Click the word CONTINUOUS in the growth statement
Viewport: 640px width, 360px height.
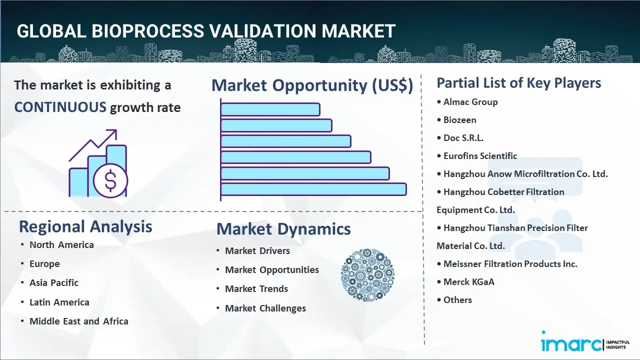coord(60,107)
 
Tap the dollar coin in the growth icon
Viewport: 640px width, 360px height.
coord(110,181)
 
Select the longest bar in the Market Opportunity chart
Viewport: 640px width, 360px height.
coord(313,189)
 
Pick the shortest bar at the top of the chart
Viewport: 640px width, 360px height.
coord(270,109)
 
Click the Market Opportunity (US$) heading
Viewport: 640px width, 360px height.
coord(312,85)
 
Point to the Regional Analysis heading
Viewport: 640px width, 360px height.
coord(85,226)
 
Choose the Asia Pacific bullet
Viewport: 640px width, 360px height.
coord(54,282)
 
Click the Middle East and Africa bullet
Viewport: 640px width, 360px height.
coord(78,321)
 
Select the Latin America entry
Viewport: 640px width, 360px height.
coord(59,302)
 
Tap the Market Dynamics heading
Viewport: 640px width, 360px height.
coord(283,229)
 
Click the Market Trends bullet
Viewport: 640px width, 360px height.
coord(256,288)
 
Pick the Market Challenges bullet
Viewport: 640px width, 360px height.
coord(265,308)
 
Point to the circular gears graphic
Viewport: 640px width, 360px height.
coord(367,275)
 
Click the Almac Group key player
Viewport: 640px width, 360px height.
coord(470,102)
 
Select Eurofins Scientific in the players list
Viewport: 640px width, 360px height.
coord(480,156)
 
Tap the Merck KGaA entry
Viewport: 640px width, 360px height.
coord(468,282)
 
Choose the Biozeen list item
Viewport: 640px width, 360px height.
coord(459,120)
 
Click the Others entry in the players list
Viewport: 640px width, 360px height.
coord(457,300)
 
